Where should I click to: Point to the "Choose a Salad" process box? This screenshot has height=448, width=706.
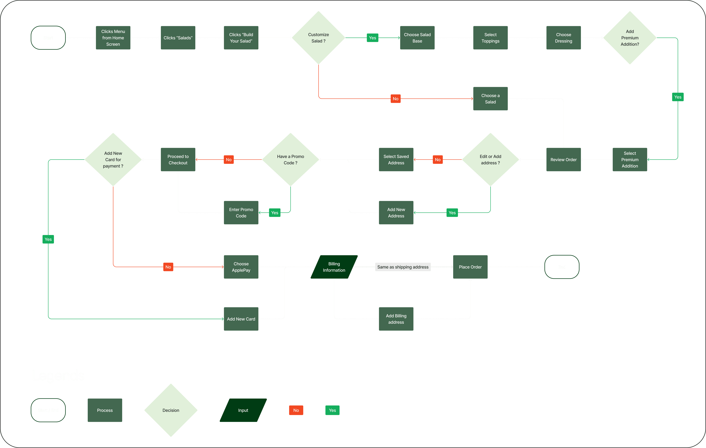(x=490, y=99)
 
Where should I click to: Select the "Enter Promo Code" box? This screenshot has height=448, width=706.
(x=241, y=213)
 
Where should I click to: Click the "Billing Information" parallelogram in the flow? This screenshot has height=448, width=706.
(x=334, y=267)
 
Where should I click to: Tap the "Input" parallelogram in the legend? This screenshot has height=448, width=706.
(x=243, y=410)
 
